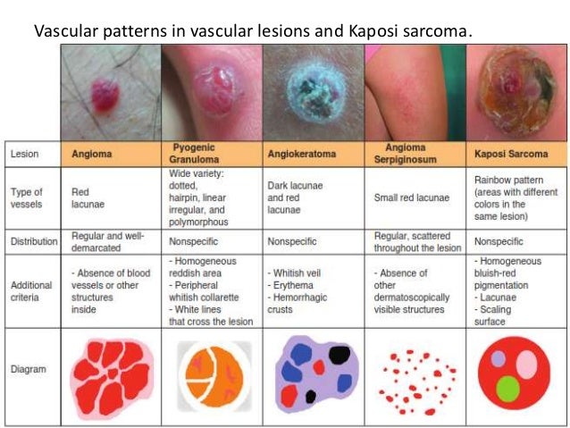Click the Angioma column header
93,153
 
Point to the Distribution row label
34,241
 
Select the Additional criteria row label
32,290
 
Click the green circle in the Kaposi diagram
508,388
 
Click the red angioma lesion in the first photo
105,94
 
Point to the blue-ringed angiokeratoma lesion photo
314,92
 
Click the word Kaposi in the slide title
364,33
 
